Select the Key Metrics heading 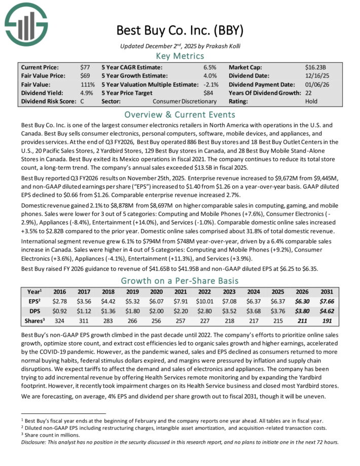[x=180, y=56]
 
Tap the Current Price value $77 [x=85, y=67]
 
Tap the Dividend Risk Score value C [x=82, y=101]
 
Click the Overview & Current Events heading [x=180, y=115]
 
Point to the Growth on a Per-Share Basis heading [x=180, y=281]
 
